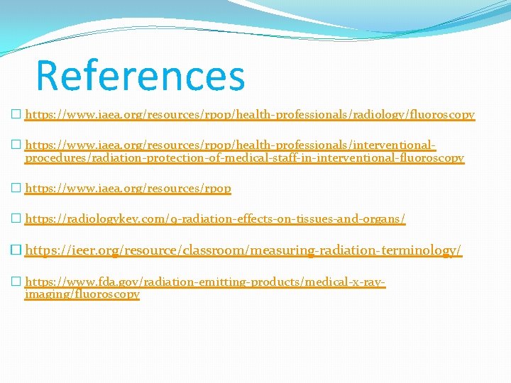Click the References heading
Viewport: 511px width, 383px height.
click(140, 76)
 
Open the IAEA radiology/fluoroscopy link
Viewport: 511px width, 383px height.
click(250, 114)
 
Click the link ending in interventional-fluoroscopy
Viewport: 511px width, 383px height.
click(244, 158)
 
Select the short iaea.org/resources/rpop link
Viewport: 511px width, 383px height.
click(128, 189)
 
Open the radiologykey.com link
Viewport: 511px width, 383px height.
click(215, 220)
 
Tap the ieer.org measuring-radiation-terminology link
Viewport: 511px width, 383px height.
click(243, 250)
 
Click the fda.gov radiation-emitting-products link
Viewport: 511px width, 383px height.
click(205, 282)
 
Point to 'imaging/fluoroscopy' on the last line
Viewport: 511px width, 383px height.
click(82, 294)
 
